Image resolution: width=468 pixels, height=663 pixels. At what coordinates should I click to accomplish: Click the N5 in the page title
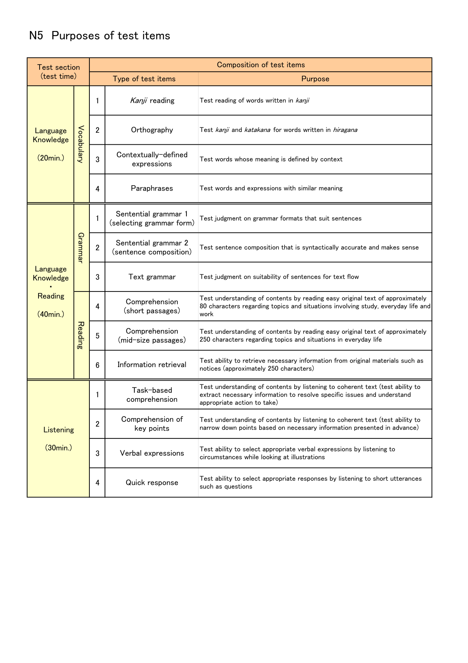tap(36, 36)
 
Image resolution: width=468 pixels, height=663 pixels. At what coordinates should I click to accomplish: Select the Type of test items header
tap(144, 79)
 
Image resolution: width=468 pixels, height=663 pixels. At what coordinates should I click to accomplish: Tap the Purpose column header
tap(315, 79)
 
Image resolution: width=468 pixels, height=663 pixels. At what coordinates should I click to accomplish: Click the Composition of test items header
tap(260, 65)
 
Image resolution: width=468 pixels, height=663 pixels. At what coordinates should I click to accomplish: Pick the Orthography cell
tap(152, 130)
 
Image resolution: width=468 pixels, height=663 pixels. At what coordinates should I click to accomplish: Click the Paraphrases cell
tap(152, 188)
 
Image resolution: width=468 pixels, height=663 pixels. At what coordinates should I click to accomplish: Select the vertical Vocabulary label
tap(81, 144)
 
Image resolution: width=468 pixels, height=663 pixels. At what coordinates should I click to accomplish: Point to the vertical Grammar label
tap(81, 248)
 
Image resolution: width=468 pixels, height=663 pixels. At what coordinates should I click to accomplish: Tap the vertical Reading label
tap(81, 335)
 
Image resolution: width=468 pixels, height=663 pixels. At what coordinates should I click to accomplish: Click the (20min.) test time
tap(51, 158)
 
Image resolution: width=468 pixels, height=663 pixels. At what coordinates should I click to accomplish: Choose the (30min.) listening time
tap(58, 448)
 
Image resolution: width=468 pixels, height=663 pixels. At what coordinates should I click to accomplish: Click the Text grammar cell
tap(152, 277)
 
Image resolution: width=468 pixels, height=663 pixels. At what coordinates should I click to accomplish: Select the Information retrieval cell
tap(152, 364)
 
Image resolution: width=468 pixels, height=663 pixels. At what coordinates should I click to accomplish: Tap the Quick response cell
tap(152, 482)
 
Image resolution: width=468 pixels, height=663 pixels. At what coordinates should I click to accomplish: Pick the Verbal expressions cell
tap(152, 453)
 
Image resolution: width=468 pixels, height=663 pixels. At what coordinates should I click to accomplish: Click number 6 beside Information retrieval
tap(97, 365)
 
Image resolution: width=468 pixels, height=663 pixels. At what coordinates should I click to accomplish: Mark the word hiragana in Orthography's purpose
tap(345, 130)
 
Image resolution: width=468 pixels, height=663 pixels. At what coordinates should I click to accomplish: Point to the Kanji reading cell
tap(152, 100)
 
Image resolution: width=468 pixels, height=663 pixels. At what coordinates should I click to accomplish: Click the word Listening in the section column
tap(58, 430)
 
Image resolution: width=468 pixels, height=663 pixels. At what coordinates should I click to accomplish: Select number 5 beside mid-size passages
tap(97, 336)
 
